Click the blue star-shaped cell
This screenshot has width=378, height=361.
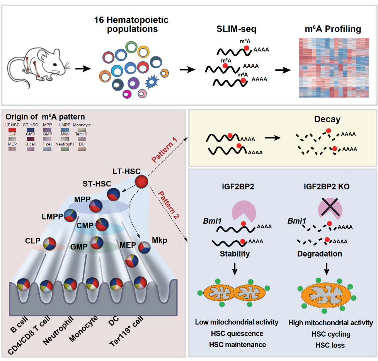point(151,82)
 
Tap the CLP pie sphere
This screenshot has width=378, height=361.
point(50,245)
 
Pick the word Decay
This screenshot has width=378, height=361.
point(327,119)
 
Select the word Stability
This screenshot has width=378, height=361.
point(235,254)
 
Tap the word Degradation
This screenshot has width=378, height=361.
point(320,254)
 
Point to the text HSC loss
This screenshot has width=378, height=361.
point(330,345)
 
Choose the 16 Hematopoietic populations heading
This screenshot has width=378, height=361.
point(131,24)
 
